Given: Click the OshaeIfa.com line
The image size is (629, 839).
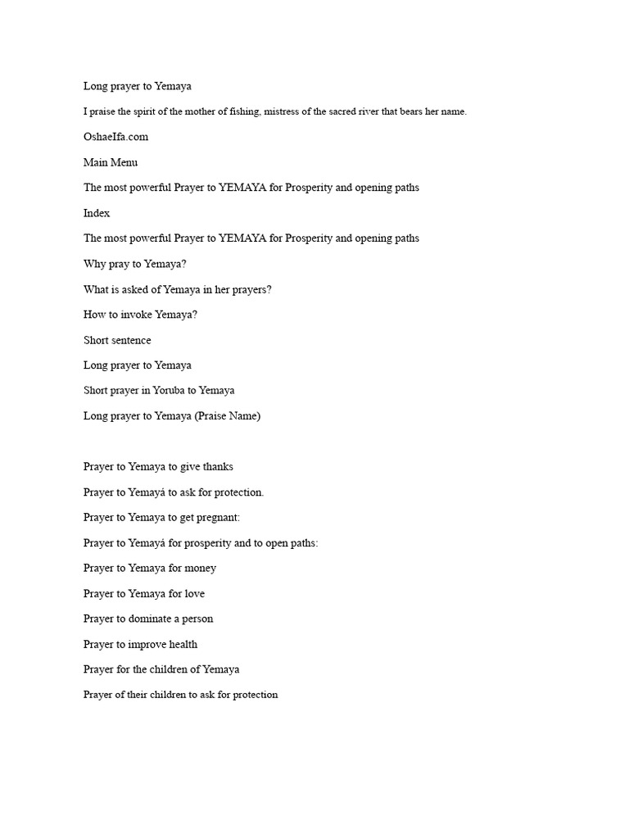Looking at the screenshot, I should click(x=115, y=137).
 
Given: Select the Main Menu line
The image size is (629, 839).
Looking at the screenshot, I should click(x=111, y=162).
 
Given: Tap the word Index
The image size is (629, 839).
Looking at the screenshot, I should click(x=97, y=213).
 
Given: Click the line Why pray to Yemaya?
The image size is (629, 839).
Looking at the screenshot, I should click(x=134, y=264).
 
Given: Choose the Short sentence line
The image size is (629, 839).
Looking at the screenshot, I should click(x=117, y=340).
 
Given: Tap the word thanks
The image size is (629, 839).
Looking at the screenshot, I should click(x=217, y=466).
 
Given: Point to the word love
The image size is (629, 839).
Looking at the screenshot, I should click(x=195, y=593).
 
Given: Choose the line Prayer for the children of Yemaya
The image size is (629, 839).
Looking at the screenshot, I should click(x=161, y=669).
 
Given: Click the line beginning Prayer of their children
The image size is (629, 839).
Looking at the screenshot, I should click(x=180, y=695).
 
